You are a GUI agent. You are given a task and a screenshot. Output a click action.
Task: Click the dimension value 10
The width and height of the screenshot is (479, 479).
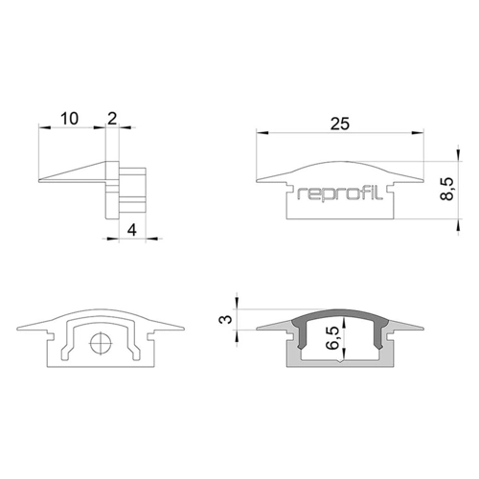click(x=69, y=119)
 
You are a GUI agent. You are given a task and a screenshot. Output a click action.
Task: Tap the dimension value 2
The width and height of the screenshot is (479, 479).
click(x=112, y=119)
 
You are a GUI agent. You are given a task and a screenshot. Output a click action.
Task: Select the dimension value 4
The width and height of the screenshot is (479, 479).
click(x=132, y=230)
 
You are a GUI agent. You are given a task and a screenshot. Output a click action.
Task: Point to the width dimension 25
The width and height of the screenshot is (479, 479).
click(x=340, y=124)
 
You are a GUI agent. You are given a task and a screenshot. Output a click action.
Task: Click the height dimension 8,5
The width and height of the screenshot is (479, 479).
click(x=447, y=189)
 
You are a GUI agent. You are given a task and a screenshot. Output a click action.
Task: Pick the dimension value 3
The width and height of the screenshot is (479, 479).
click(x=226, y=319)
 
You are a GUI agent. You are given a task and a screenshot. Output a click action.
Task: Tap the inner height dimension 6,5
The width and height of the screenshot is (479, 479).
click(x=332, y=338)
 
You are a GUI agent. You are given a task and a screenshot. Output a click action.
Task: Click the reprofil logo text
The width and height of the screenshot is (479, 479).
click(x=340, y=194)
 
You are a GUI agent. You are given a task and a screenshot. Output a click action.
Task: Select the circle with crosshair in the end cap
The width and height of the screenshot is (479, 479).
click(x=102, y=343)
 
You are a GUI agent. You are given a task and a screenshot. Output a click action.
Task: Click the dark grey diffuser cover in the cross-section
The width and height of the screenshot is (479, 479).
click(x=340, y=313)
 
